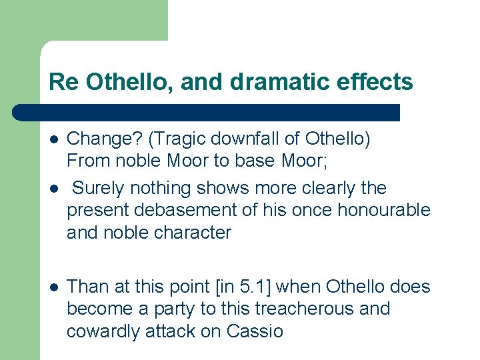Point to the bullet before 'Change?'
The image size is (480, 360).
(53, 139)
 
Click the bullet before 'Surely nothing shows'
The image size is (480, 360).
(53, 189)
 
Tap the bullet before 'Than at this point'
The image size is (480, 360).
(53, 287)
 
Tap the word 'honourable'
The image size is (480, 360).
(384, 211)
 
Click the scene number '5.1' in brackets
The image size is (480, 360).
(255, 287)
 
